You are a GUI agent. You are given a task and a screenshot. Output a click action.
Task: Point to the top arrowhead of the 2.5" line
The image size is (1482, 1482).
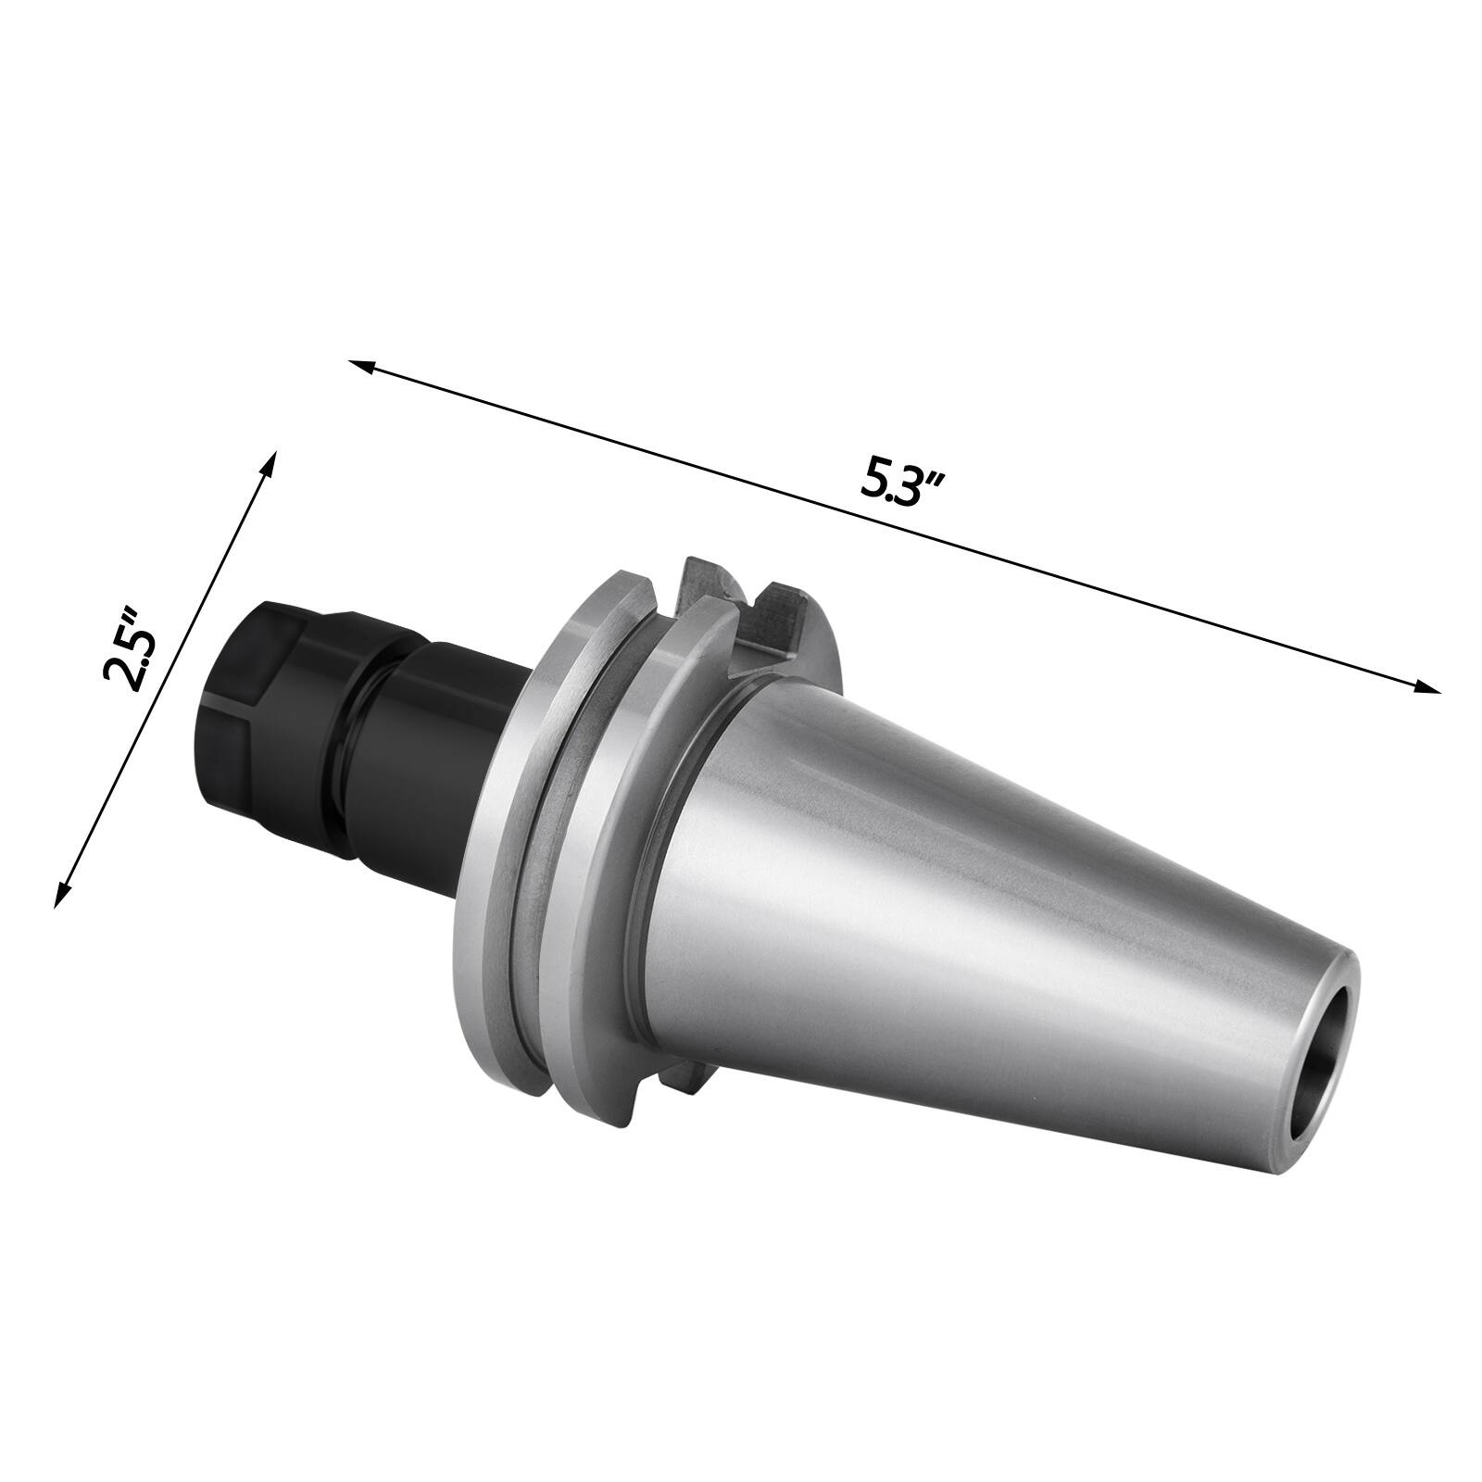[270, 463]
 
